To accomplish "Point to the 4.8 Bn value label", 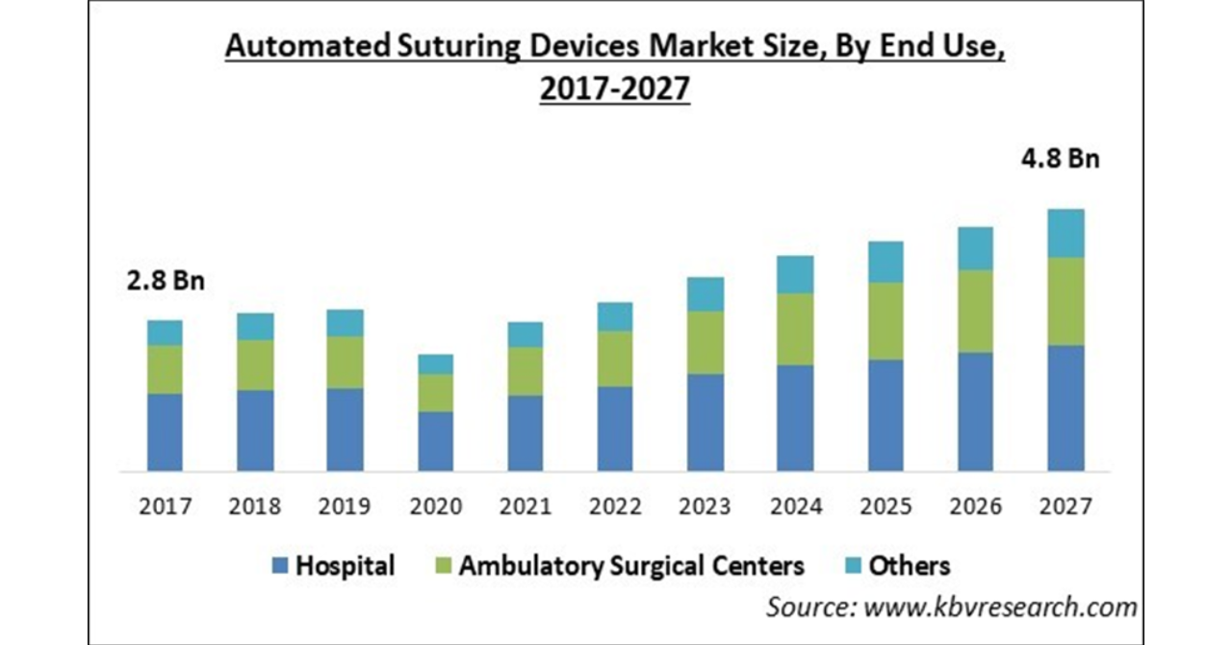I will pyautogui.click(x=1058, y=159).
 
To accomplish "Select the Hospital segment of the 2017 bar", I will pyautogui.click(x=165, y=432).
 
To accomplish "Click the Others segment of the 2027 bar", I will pyautogui.click(x=1065, y=233).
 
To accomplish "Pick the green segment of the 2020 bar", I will pyautogui.click(x=435, y=393).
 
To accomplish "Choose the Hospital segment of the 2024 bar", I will pyautogui.click(x=795, y=418).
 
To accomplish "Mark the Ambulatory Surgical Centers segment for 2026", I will pyautogui.click(x=975, y=311).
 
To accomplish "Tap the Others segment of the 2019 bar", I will pyautogui.click(x=345, y=322).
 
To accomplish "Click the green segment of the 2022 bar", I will pyautogui.click(x=615, y=359).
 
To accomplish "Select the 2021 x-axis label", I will pyautogui.click(x=525, y=506).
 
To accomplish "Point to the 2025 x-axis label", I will pyautogui.click(x=885, y=506).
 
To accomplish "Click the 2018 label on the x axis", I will pyautogui.click(x=255, y=506).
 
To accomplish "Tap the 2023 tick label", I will pyautogui.click(x=706, y=506).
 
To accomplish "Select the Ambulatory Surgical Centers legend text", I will pyautogui.click(x=631, y=566).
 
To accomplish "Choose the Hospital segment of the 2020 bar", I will pyautogui.click(x=435, y=442).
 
